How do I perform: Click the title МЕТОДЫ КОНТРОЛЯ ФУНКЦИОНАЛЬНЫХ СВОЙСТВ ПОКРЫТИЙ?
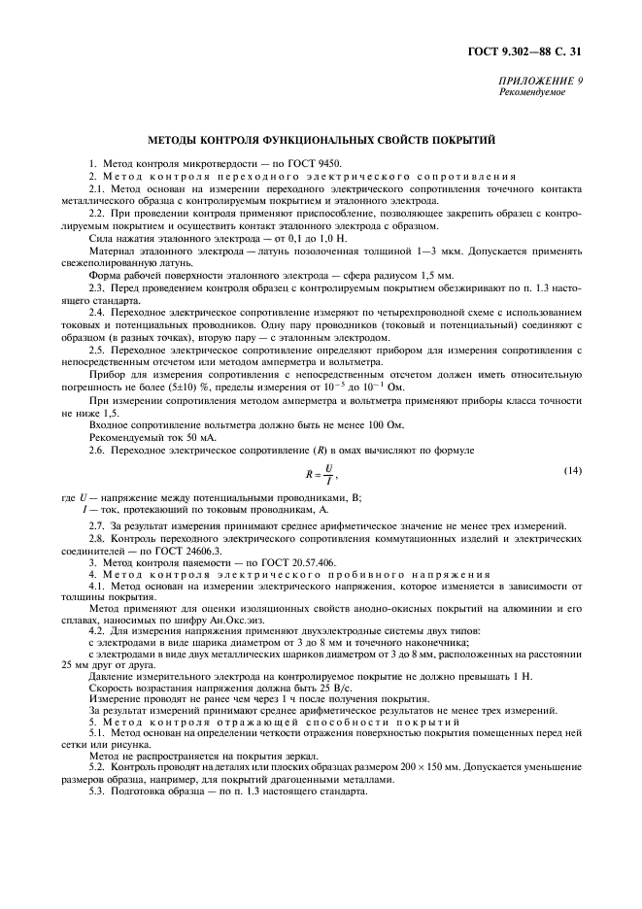321,141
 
